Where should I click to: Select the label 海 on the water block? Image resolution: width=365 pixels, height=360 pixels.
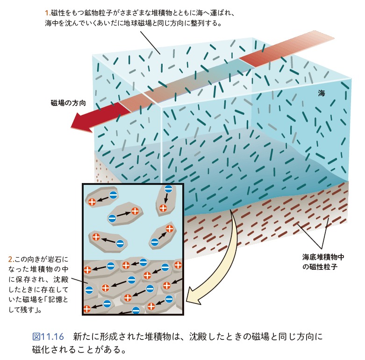point(321,93)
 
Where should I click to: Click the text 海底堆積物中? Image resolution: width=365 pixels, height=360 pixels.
point(323,257)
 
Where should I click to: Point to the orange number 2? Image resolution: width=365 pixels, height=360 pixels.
point(11,258)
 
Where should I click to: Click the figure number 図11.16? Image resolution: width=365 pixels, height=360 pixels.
point(48,337)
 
